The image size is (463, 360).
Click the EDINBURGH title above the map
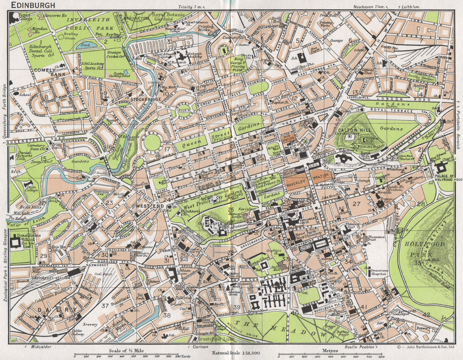pyautogui.click(x=31, y=5)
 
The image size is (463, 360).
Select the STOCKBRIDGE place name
pyautogui.click(x=145, y=99)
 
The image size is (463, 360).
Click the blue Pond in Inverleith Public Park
pyautogui.click(x=84, y=46)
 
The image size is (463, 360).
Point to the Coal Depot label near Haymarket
pyautogui.click(x=101, y=274)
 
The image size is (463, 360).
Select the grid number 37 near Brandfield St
pyautogui.click(x=106, y=305)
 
